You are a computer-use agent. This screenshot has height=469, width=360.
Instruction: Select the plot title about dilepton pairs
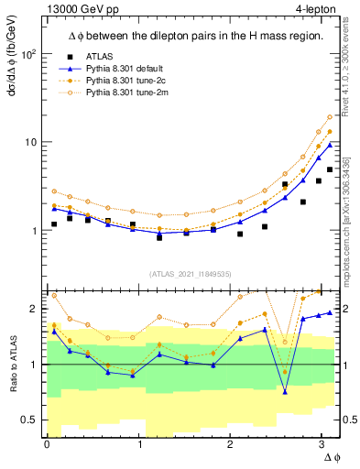tap(188, 36)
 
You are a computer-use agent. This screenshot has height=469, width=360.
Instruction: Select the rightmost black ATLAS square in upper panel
tap(330, 169)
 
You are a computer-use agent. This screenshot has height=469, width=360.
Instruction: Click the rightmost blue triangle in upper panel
tap(330, 144)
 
